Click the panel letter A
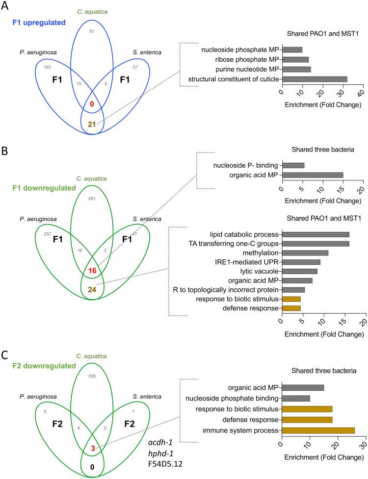click(5, 6)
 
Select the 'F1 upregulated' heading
click(35, 22)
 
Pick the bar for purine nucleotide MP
click(296, 69)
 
